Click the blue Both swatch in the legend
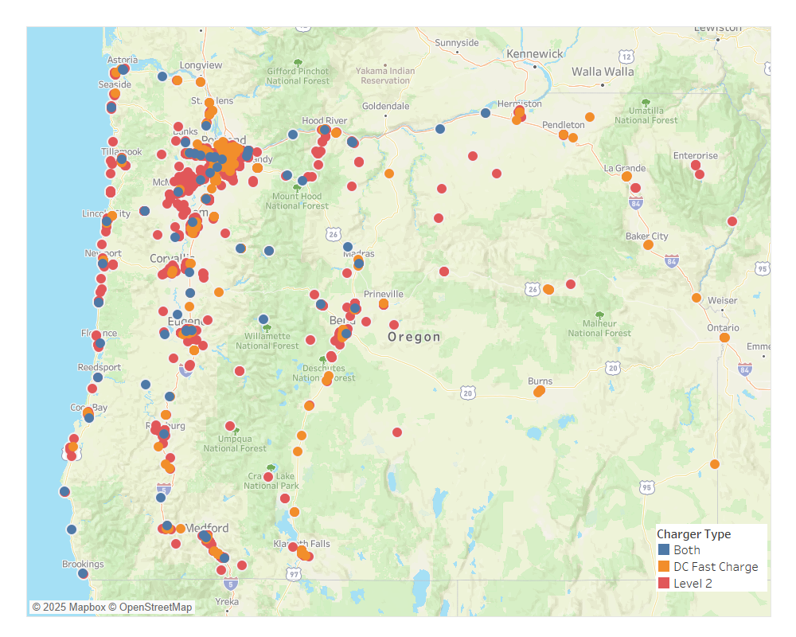coord(664,550)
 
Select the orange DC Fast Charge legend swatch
coord(664,567)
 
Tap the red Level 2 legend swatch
coord(664,584)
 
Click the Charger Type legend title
coord(693,534)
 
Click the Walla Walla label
coord(603,72)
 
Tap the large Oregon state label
coord(414,337)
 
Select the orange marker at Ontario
coord(724,338)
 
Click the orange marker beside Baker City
coord(648,245)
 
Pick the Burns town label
coord(540,381)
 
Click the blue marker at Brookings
coord(83,573)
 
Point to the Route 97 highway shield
coord(294,574)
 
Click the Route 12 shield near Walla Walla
coord(626,57)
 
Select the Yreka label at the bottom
coord(227,603)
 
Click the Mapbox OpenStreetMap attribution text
coord(112,608)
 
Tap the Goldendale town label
coord(385,106)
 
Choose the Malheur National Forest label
coord(599,328)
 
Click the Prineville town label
coord(384,294)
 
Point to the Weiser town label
coord(722,300)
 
